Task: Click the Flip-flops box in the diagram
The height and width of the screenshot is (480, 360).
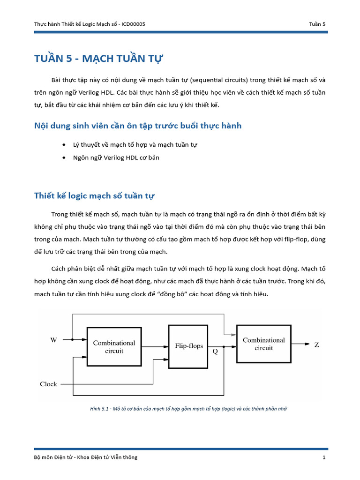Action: click(x=189, y=345)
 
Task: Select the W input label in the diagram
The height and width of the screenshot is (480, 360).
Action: click(x=53, y=340)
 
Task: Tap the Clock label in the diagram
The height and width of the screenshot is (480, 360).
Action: click(x=48, y=384)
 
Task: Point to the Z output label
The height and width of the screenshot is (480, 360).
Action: click(x=317, y=345)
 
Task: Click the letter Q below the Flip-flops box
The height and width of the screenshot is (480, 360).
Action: click(x=215, y=351)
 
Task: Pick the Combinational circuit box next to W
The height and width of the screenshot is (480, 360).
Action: click(x=114, y=346)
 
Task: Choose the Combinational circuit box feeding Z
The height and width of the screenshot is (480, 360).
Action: click(x=263, y=344)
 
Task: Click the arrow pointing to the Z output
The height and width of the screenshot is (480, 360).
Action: click(x=306, y=344)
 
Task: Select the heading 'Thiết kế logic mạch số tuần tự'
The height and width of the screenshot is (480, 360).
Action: click(x=94, y=195)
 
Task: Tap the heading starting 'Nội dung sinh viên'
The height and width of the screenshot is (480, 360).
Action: click(x=138, y=126)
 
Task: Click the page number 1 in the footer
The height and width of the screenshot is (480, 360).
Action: click(x=324, y=457)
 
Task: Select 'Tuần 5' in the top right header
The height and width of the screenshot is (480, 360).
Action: click(x=317, y=24)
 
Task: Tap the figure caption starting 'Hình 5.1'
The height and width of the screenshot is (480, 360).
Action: click(x=188, y=409)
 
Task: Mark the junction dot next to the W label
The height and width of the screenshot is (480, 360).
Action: click(x=72, y=339)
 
